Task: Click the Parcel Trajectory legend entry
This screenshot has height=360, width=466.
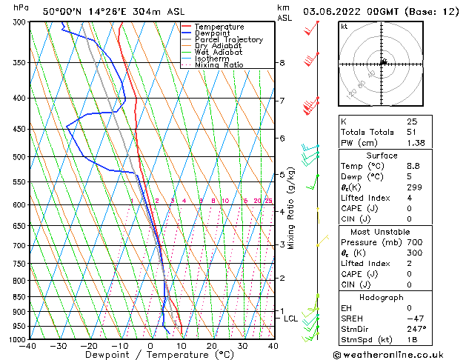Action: coord(228,39)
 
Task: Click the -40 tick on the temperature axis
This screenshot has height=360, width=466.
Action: coord(28,346)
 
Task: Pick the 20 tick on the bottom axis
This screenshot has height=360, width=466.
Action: coord(211,346)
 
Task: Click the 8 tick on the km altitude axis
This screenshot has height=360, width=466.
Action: coord(282,63)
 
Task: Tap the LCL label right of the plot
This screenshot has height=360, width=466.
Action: coord(291,319)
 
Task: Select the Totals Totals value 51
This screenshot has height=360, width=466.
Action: coord(412,131)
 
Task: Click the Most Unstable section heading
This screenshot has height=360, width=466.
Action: coord(382,231)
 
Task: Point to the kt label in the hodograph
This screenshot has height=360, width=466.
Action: coord(344,27)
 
